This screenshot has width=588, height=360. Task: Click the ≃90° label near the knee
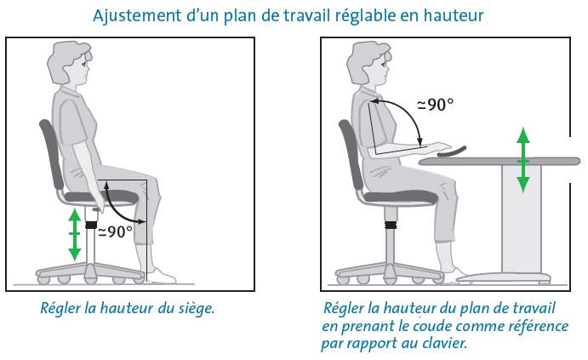[115, 231]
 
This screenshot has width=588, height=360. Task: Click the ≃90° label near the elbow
[434, 105]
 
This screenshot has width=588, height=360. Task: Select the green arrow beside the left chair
[75, 233]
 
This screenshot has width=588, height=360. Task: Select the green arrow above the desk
[523, 159]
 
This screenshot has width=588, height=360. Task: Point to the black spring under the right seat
[391, 226]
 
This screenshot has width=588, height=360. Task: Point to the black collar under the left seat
[91, 226]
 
